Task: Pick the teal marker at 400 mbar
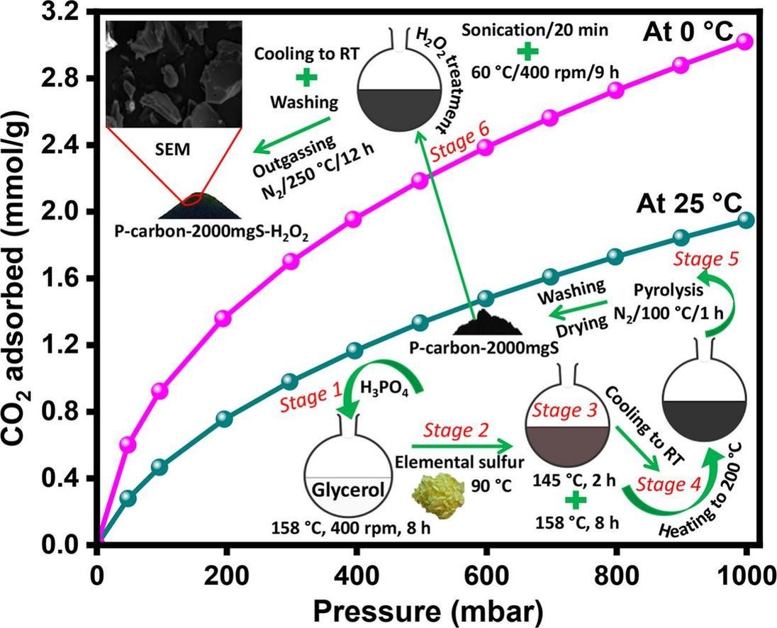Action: [355, 350]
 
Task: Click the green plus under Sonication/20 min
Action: [526, 51]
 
